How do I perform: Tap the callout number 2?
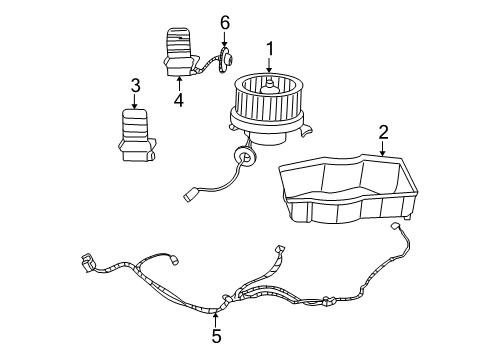tap(382, 132)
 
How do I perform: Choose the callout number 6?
tap(225, 22)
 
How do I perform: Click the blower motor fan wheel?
tap(267, 98)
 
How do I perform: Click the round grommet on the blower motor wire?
tap(241, 155)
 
